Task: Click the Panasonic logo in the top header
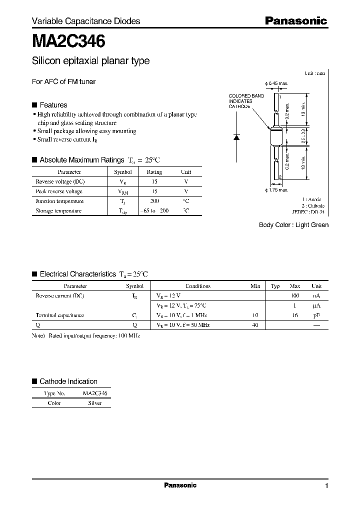(295, 21)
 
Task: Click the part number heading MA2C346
(68, 41)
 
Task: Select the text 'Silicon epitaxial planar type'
(90, 61)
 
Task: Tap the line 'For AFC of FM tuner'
(63, 81)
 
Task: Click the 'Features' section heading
(53, 105)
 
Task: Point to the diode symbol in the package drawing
(237, 136)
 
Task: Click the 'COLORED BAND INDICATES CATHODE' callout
(240, 101)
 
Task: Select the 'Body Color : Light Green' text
(293, 225)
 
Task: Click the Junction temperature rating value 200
(154, 201)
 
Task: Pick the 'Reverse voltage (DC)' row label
(59, 181)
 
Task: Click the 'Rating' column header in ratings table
(154, 172)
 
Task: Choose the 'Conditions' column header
(197, 286)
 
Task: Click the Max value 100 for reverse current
(294, 296)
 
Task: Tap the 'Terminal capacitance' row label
(59, 315)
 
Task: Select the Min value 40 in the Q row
(255, 325)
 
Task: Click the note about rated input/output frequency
(86, 336)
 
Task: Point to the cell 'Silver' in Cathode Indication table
(94, 403)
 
